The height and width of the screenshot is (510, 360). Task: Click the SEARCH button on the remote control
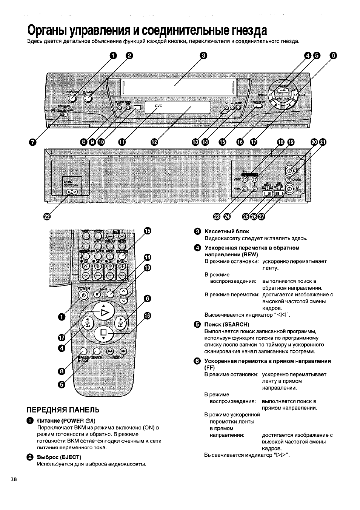pyautogui.click(x=96, y=351)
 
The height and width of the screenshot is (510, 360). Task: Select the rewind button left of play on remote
pyautogui.click(x=88, y=323)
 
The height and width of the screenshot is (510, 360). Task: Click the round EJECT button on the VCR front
pyautogui.click(x=88, y=99)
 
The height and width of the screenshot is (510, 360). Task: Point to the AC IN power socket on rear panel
pyautogui.click(x=72, y=192)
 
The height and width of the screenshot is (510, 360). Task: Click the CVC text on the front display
pyautogui.click(x=158, y=106)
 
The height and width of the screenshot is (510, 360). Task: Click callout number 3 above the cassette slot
pyautogui.click(x=204, y=56)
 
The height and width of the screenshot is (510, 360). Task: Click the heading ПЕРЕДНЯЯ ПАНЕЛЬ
pyautogui.click(x=63, y=410)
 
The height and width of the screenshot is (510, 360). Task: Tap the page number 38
pyautogui.click(x=14, y=479)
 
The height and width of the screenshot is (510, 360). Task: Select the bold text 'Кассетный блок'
pyautogui.click(x=227, y=231)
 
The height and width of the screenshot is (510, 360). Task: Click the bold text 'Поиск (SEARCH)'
pyautogui.click(x=227, y=324)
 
